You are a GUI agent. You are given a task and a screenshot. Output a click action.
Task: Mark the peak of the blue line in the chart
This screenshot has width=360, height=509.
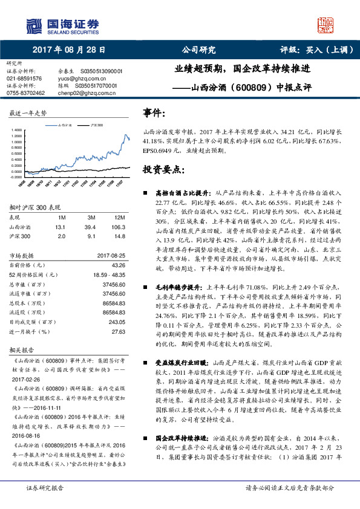(x=125, y=135)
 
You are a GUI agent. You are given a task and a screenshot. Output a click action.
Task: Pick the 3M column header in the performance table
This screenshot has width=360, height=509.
(x=91, y=216)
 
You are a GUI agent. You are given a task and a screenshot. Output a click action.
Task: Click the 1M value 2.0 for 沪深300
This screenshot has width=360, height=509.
(x=61, y=236)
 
